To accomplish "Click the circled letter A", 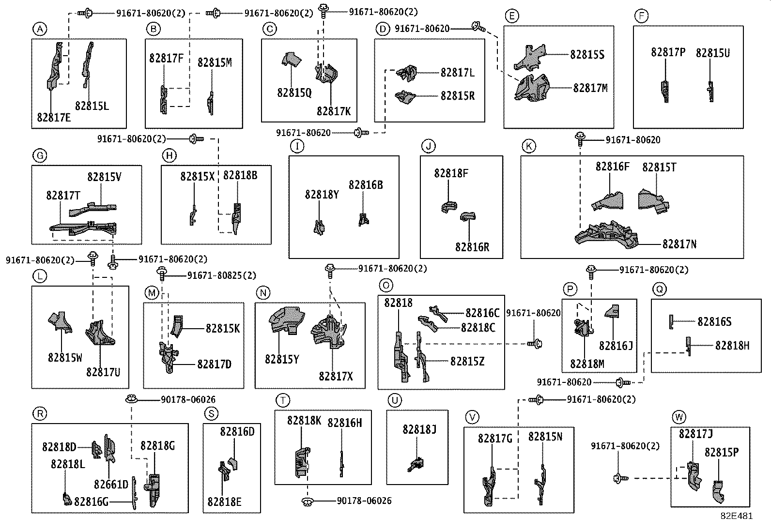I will (x=40, y=30).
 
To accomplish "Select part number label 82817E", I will (x=53, y=117).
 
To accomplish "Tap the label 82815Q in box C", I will (x=294, y=92).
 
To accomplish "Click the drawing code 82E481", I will (x=736, y=516).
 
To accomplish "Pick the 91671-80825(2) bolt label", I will (x=222, y=275).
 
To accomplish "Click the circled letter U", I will (x=395, y=400).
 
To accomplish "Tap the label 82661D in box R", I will (x=111, y=484).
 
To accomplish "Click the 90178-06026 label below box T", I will (x=364, y=501).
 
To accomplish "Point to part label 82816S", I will (x=714, y=321).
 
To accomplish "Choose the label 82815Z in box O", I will (x=467, y=361).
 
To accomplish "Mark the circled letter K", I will (x=529, y=146).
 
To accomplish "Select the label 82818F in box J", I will (x=451, y=173).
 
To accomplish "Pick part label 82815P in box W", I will (x=721, y=452).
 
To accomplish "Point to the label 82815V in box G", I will (x=104, y=177).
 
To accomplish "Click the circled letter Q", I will (x=659, y=289).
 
